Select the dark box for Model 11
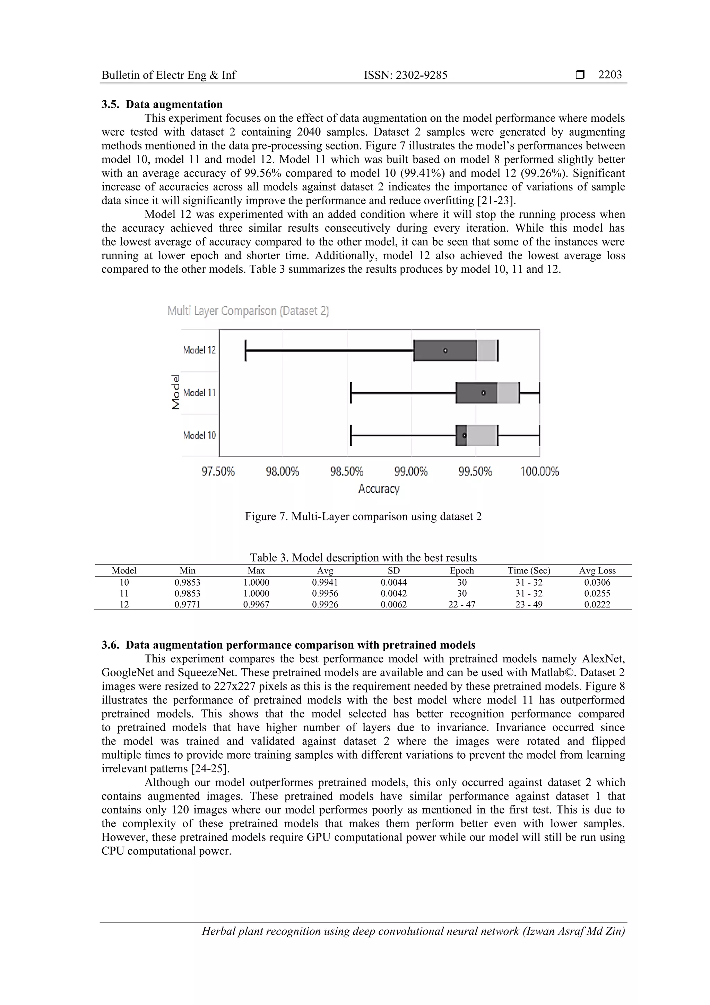point(476,393)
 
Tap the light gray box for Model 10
point(481,435)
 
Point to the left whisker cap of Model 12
point(246,350)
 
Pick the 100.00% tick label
point(539,471)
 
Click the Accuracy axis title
point(379,489)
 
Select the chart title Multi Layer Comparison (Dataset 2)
point(248,311)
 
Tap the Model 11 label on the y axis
point(199,393)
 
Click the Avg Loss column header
point(597,570)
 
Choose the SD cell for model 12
point(394,604)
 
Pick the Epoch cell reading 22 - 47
point(461,604)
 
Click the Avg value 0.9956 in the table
point(325,594)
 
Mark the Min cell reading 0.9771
point(187,604)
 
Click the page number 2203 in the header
point(610,75)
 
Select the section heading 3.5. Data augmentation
point(162,104)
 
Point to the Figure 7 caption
point(363,517)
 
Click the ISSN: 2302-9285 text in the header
point(406,75)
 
